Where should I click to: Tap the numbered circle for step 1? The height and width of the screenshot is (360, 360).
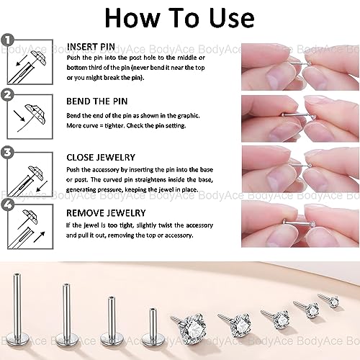coord(7,40)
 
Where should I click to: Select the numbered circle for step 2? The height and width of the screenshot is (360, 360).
coord(7,94)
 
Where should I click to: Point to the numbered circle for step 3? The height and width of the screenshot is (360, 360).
coord(7,152)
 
